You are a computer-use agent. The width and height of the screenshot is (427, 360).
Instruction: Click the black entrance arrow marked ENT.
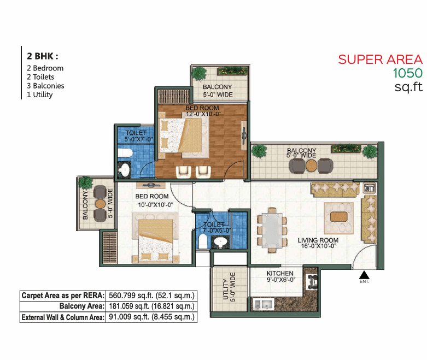[364, 275]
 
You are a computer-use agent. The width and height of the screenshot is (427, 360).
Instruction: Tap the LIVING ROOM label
[318, 240]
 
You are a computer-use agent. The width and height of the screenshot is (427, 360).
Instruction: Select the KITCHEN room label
[280, 273]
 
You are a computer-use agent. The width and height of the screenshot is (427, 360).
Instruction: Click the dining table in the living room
[272, 230]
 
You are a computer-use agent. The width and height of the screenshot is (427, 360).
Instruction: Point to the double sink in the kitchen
[264, 304]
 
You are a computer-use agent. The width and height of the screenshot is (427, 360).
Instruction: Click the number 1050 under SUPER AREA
[407, 73]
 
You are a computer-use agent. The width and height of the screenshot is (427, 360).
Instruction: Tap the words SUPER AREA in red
[380, 60]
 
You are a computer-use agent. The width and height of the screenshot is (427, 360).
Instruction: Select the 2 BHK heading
[42, 56]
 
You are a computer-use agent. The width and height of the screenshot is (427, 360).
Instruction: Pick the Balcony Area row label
[82, 306]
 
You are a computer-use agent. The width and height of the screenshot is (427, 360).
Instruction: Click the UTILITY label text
[226, 289]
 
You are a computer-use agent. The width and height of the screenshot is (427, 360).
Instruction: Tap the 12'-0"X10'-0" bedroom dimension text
[203, 114]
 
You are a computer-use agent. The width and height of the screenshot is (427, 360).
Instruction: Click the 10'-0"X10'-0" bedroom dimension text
[155, 205]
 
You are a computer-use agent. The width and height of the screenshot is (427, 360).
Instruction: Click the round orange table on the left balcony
[100, 204]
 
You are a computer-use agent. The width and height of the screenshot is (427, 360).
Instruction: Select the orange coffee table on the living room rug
[339, 217]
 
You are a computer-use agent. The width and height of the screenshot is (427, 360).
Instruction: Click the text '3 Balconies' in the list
[45, 86]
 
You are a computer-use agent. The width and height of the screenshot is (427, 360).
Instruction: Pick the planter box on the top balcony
[233, 72]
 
